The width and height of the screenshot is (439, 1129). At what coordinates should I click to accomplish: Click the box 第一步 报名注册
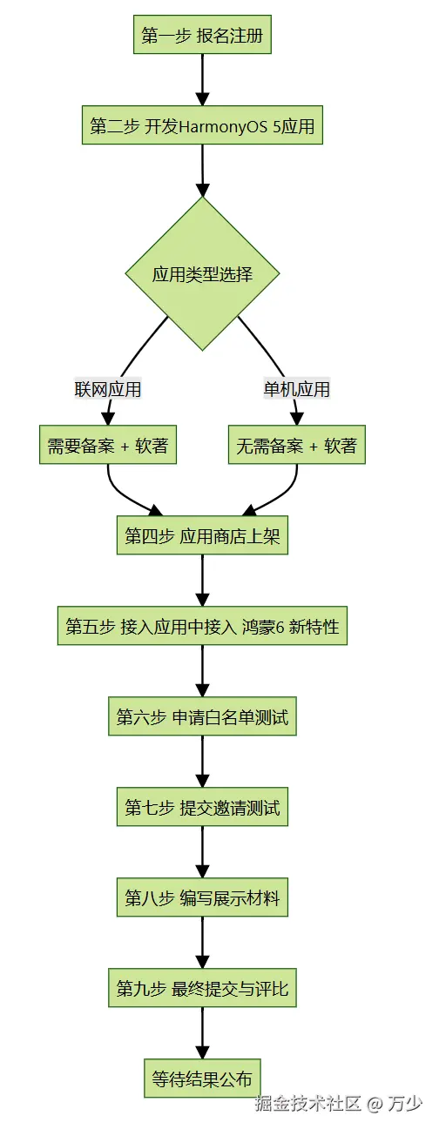pyautogui.click(x=202, y=34)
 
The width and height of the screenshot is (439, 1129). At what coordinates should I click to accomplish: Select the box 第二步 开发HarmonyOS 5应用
pyautogui.click(x=202, y=125)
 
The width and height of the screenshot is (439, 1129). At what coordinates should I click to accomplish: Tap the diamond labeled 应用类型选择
pyautogui.click(x=202, y=273)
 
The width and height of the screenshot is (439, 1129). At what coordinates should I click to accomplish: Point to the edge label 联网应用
pyautogui.click(x=107, y=389)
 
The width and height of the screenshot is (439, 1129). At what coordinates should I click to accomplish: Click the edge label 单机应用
pyautogui.click(x=297, y=389)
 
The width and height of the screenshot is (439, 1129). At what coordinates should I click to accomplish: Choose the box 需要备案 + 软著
pyautogui.click(x=108, y=445)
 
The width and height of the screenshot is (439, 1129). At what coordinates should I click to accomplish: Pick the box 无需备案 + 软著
pyautogui.click(x=297, y=445)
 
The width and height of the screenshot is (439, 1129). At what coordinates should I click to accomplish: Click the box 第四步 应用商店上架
pyautogui.click(x=202, y=535)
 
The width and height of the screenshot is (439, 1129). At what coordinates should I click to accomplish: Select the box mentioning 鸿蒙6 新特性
pyautogui.click(x=202, y=626)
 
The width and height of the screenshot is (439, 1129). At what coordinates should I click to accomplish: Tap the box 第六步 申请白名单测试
pyautogui.click(x=202, y=716)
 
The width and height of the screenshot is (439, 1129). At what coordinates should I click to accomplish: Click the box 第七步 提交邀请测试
pyautogui.click(x=202, y=807)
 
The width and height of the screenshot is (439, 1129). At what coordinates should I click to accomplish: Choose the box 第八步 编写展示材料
pyautogui.click(x=202, y=897)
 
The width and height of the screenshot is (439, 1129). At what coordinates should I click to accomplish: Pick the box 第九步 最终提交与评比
pyautogui.click(x=202, y=988)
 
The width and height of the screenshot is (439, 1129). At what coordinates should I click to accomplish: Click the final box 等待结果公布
pyautogui.click(x=202, y=1079)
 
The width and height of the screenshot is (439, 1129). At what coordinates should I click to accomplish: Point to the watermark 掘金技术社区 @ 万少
pyautogui.click(x=339, y=1103)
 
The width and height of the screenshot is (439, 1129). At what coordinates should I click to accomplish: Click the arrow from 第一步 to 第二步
pyautogui.click(x=202, y=79)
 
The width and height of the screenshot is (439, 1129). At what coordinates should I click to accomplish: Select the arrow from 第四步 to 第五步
pyautogui.click(x=202, y=580)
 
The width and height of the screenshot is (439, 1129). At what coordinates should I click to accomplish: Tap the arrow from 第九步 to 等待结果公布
pyautogui.click(x=202, y=1032)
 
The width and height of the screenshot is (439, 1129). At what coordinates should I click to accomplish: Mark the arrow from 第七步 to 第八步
pyautogui.click(x=202, y=852)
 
